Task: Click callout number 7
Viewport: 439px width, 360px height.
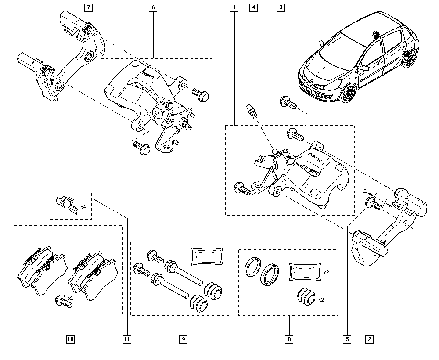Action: [x=88, y=7]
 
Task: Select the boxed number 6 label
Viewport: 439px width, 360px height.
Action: [x=153, y=7]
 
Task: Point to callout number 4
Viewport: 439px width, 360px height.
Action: [x=254, y=7]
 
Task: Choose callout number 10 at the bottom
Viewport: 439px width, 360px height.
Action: [x=71, y=339]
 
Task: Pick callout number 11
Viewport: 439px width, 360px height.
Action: [x=127, y=339]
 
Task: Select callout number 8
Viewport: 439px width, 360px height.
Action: [x=289, y=339]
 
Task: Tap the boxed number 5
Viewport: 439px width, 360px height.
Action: [x=347, y=339]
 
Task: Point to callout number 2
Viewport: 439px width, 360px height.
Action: [x=369, y=339]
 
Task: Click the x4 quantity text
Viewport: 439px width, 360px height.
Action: [x=83, y=206]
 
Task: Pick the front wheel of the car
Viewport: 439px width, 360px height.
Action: [x=349, y=93]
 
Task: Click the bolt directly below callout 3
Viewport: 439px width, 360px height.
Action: [x=288, y=103]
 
